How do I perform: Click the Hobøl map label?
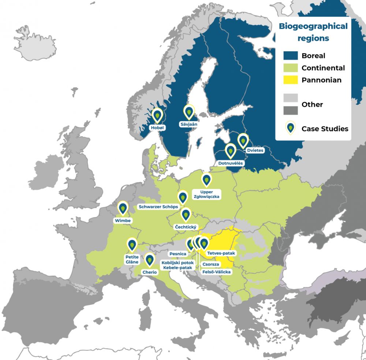click(x=157, y=127)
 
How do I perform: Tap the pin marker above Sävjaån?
click(x=189, y=112)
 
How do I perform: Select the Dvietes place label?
click(x=255, y=150)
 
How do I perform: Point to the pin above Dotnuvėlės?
click(x=230, y=150)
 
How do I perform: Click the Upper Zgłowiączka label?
click(x=207, y=194)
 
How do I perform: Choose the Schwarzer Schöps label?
click(x=158, y=207)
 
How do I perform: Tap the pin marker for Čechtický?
click(x=186, y=214)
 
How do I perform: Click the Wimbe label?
click(x=123, y=221)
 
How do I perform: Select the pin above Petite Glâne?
click(x=132, y=244)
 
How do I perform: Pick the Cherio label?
click(x=149, y=272)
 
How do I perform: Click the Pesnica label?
click(x=178, y=253)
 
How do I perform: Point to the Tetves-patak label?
click(x=221, y=253)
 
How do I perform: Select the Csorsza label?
click(x=211, y=264)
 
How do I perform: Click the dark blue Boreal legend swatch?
click(x=291, y=56)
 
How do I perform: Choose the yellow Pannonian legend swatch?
click(x=291, y=80)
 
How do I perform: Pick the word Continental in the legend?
click(x=323, y=68)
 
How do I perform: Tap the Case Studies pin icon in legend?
click(x=291, y=128)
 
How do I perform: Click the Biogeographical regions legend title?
click(x=313, y=32)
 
